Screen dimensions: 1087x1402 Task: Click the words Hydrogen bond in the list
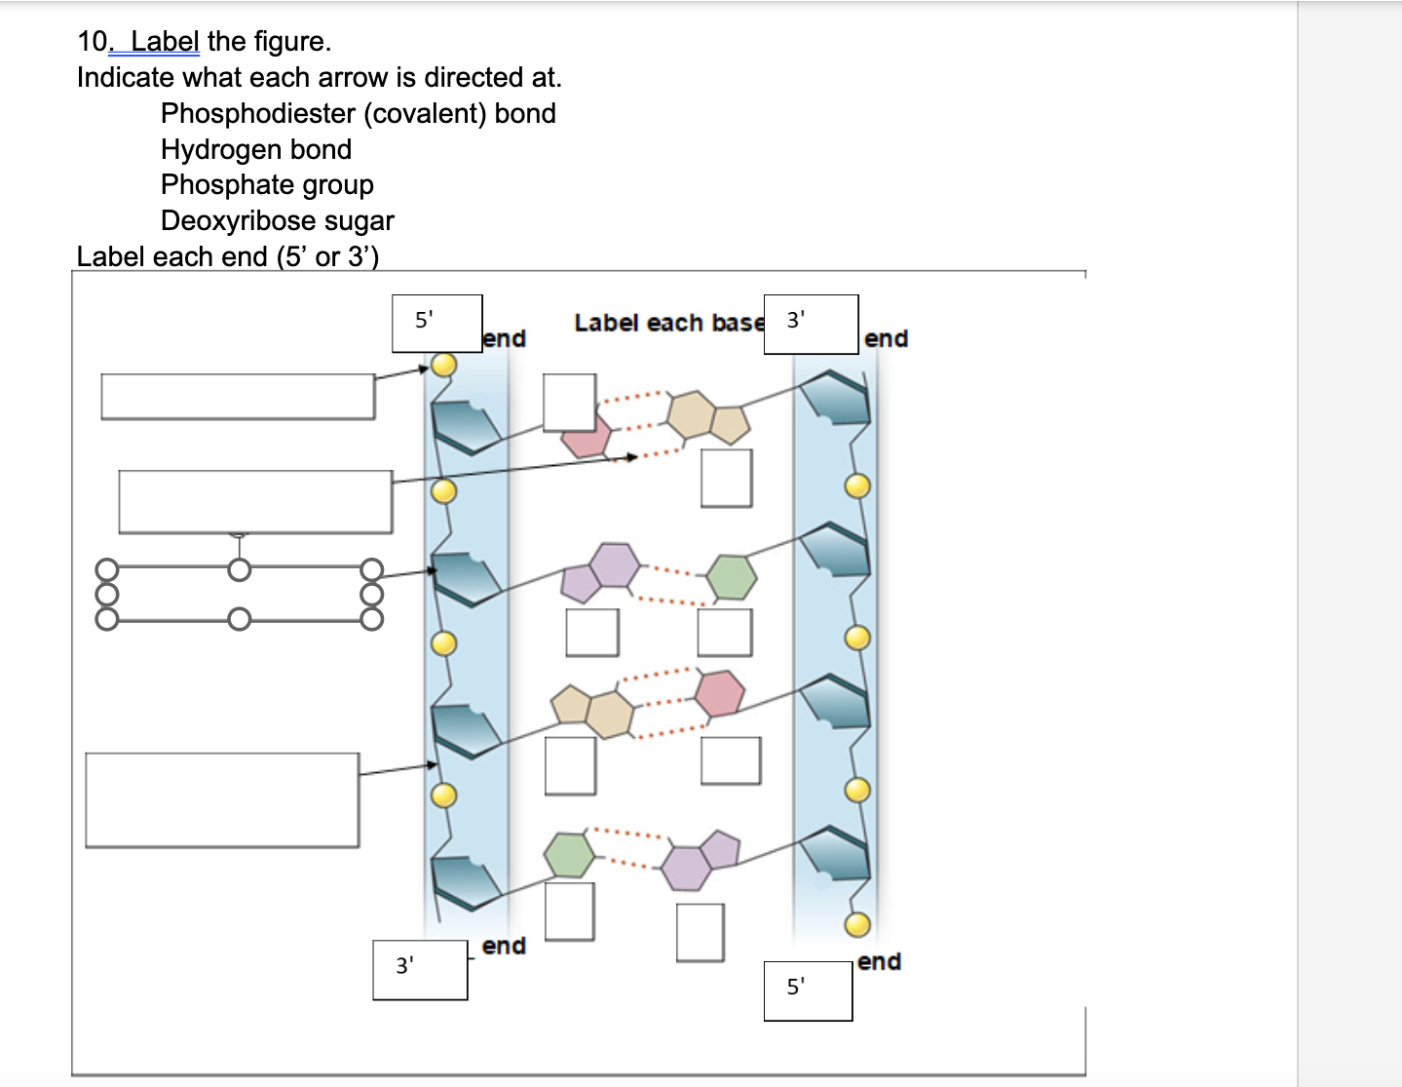255,150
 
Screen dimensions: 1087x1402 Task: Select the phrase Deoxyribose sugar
277,221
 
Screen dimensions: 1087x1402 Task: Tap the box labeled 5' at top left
436,324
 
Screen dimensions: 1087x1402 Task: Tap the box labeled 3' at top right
811,325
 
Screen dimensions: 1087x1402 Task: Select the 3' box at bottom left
420,970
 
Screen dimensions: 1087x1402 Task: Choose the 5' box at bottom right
808,990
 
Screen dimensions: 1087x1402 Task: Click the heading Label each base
668,323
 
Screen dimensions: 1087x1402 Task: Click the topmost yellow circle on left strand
444,365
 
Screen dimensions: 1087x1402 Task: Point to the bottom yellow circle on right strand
857,924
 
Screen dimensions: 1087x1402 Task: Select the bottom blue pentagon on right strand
835,853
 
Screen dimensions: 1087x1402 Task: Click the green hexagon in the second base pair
731,577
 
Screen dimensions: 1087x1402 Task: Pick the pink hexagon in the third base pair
720,693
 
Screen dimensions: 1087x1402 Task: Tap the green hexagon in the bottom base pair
569,855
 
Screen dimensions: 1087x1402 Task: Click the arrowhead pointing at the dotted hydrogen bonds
632,456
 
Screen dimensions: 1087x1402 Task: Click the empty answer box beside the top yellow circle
238,397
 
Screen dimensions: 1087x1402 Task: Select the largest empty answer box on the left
222,799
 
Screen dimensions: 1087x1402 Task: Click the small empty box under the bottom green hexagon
569,912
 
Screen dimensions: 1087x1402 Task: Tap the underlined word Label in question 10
165,42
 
